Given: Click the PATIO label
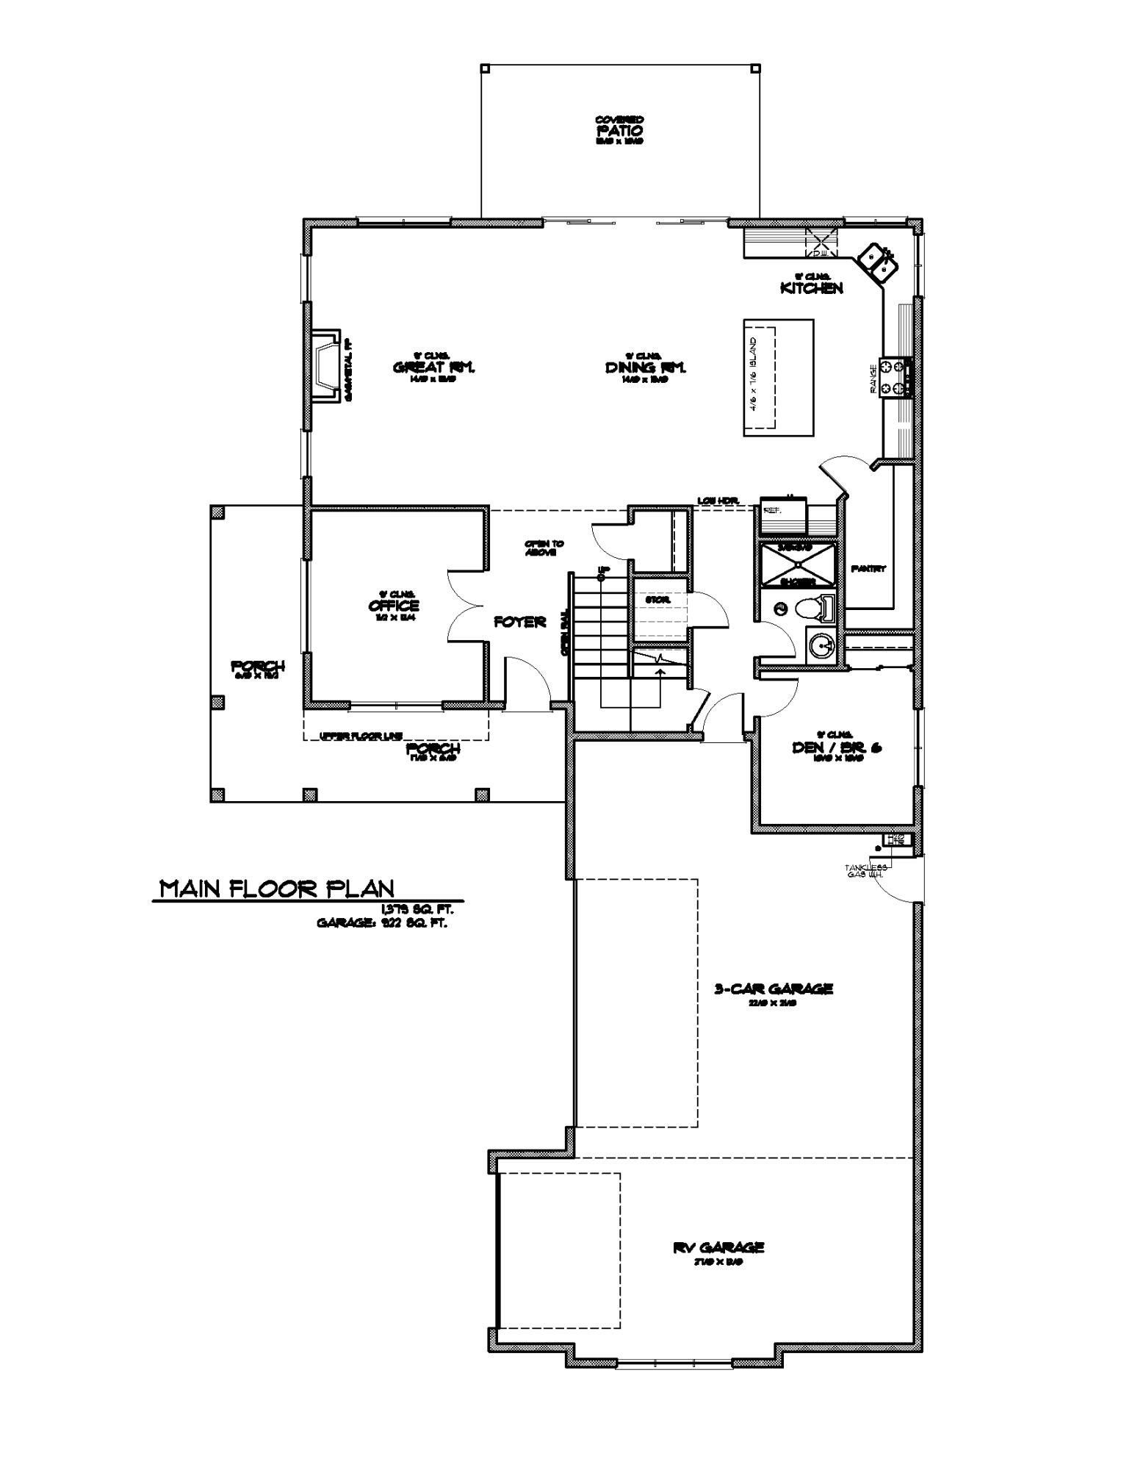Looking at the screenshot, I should (x=619, y=129).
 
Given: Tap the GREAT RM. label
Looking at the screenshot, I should (x=434, y=367).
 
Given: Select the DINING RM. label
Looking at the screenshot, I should (x=645, y=367).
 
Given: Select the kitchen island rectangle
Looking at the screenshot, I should (x=778, y=377).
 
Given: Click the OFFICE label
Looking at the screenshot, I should (x=394, y=606).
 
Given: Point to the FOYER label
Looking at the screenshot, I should (x=519, y=622).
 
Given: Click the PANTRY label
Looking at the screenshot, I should (x=868, y=569).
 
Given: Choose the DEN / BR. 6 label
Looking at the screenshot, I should (x=836, y=747).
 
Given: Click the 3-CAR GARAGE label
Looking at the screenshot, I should (x=774, y=989).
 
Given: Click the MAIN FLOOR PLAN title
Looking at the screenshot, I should (x=278, y=889).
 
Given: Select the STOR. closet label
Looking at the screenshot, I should (x=657, y=600).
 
